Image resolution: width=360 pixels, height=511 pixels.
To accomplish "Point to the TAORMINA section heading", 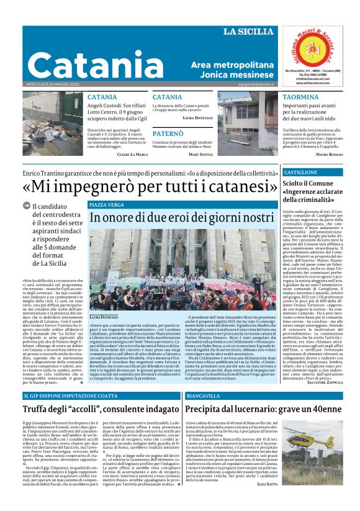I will coord(300,97).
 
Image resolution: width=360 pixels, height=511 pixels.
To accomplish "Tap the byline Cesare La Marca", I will coord(132,154).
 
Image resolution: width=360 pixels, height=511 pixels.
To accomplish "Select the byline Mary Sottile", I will coord(201,154).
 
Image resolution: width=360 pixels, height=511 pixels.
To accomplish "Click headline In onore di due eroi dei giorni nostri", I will coord(182,218).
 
